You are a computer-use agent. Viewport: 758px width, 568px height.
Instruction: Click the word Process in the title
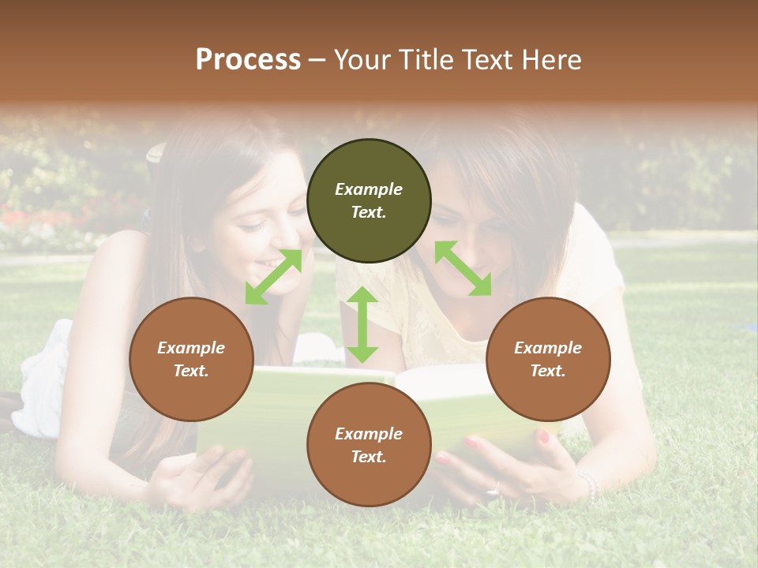(248, 60)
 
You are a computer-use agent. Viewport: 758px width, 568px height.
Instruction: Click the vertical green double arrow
(362, 324)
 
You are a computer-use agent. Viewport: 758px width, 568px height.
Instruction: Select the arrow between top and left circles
(273, 276)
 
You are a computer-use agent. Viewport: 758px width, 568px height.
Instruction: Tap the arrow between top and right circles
(463, 268)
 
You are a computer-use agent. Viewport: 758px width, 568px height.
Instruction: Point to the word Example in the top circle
(369, 189)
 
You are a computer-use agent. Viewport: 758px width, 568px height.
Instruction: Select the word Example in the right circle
(548, 348)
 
